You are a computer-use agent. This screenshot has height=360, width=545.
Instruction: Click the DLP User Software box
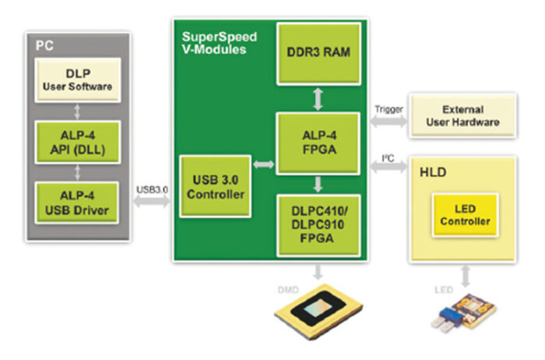click(x=76, y=78)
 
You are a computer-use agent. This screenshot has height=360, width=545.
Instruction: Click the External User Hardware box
click(x=462, y=115)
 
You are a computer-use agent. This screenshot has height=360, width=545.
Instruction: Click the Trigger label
click(x=386, y=110)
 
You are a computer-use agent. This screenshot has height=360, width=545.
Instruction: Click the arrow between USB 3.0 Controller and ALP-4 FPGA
click(x=262, y=165)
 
